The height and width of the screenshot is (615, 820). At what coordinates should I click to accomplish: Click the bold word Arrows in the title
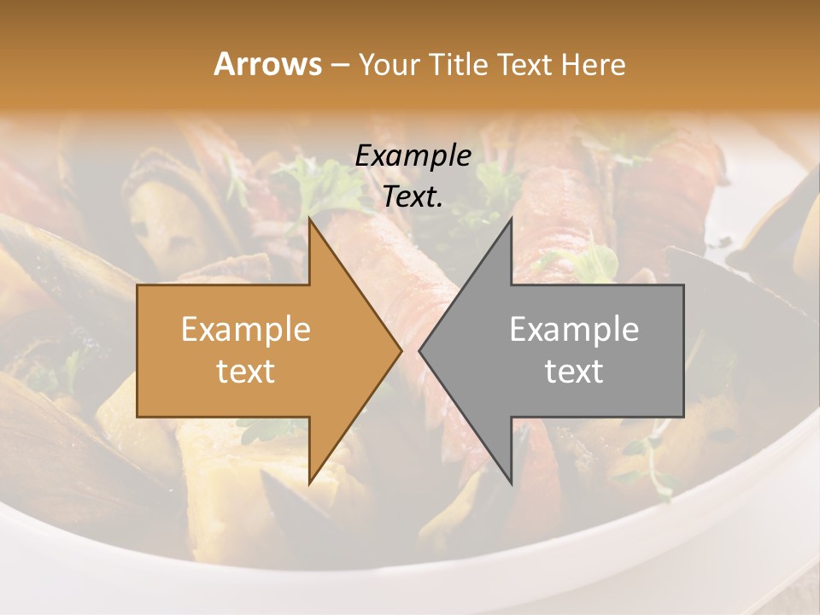[268, 64]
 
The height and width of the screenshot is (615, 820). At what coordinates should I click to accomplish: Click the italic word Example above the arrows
[413, 156]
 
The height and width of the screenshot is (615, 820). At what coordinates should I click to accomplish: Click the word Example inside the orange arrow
[246, 330]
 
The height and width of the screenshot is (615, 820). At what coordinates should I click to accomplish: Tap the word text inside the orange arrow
[246, 372]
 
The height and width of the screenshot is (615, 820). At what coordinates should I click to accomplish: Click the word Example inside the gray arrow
[574, 330]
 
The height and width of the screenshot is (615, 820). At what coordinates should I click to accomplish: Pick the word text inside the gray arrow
[574, 372]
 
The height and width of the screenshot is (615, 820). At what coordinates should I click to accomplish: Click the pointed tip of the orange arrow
[401, 350]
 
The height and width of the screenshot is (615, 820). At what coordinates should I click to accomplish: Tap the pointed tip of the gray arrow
[420, 350]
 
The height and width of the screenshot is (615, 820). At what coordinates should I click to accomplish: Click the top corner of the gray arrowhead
[510, 220]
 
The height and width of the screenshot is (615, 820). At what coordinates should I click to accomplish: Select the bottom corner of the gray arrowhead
[510, 483]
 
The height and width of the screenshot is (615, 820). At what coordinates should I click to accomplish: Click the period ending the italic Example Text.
[441, 205]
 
